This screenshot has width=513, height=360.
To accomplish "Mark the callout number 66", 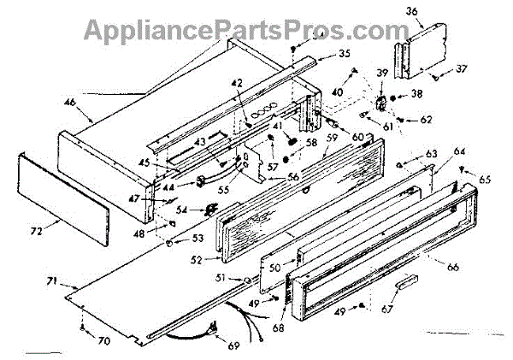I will pos(453,267).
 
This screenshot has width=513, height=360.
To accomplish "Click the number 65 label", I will pos(485,180).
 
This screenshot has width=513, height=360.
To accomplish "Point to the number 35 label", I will pos(320,53).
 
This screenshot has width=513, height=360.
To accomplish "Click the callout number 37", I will pos(460,69).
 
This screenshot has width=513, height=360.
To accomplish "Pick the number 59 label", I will pos(332,133).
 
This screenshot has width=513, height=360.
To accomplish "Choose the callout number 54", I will pos(182,210).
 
